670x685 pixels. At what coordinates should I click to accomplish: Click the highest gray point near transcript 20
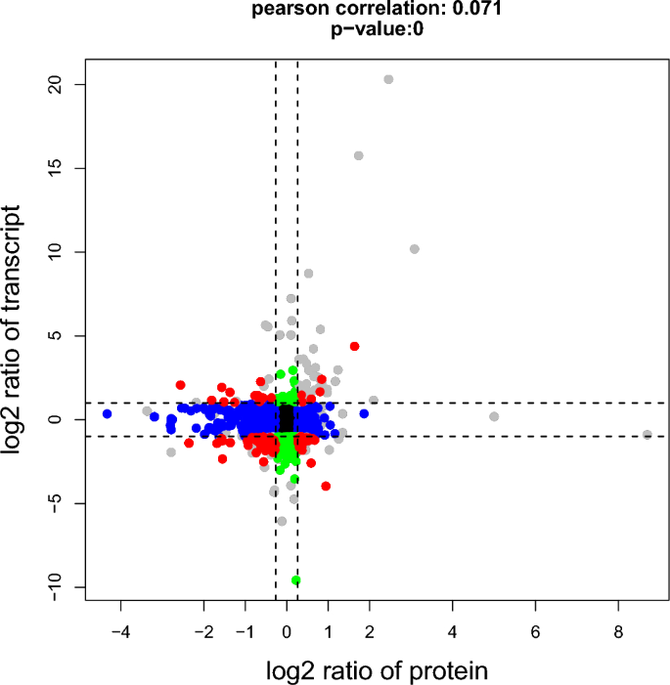pyautogui.click(x=388, y=79)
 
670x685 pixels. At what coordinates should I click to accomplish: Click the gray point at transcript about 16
pyautogui.click(x=359, y=155)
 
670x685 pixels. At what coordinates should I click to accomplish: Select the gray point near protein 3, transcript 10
pyautogui.click(x=414, y=249)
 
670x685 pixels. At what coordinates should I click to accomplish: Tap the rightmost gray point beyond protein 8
pyautogui.click(x=647, y=435)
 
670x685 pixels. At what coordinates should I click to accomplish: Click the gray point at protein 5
pyautogui.click(x=494, y=416)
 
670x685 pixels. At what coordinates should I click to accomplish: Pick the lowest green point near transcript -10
pyautogui.click(x=295, y=580)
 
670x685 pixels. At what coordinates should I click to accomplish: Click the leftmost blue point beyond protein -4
pyautogui.click(x=108, y=414)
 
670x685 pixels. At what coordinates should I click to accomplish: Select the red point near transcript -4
pyautogui.click(x=326, y=486)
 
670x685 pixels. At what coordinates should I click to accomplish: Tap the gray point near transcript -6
pyautogui.click(x=282, y=521)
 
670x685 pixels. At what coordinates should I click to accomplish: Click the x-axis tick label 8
pyautogui.click(x=617, y=632)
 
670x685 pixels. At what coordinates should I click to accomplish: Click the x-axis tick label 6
pyautogui.click(x=535, y=632)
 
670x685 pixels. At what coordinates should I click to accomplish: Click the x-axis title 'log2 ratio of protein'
pyautogui.click(x=377, y=670)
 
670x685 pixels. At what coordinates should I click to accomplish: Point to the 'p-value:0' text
pyautogui.click(x=376, y=29)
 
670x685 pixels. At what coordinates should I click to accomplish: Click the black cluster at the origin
pyautogui.click(x=287, y=418)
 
